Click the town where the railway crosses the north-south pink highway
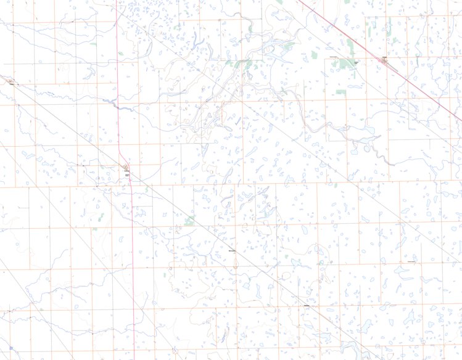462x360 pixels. (x=126, y=168)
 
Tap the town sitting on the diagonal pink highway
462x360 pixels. (x=384, y=60)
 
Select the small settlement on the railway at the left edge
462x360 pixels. (x=10, y=82)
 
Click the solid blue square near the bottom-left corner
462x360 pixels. (x=10, y=348)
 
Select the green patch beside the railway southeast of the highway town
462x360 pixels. (x=190, y=220)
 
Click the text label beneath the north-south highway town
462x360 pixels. (x=128, y=176)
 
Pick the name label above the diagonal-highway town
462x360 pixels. (x=384, y=55)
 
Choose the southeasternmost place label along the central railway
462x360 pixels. (x=307, y=305)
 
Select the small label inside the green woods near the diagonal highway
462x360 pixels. (x=355, y=62)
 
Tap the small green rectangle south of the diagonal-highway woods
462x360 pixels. (x=341, y=92)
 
